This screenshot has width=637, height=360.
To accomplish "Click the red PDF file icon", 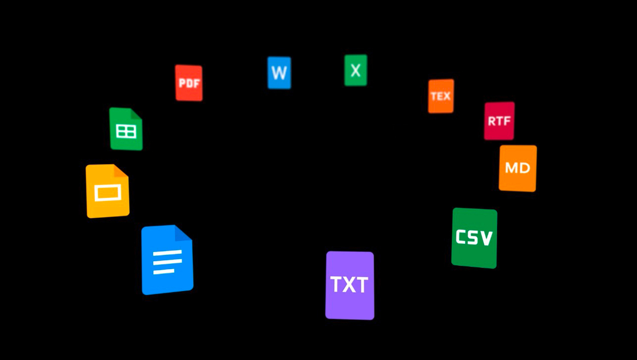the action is pyautogui.click(x=189, y=83).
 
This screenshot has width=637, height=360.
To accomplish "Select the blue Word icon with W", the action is pyautogui.click(x=279, y=73).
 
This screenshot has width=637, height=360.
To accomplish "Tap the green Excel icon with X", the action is pyautogui.click(x=356, y=70).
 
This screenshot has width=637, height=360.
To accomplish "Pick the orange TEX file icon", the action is pyautogui.click(x=441, y=96).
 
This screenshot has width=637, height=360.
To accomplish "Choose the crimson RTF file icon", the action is pyautogui.click(x=500, y=121).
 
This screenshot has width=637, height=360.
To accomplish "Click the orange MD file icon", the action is pyautogui.click(x=518, y=168).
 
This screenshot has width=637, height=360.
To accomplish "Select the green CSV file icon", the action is pyautogui.click(x=475, y=238).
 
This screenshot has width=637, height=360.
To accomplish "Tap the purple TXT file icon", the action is pyautogui.click(x=350, y=285).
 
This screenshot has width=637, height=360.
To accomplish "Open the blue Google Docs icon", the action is pyautogui.click(x=167, y=260).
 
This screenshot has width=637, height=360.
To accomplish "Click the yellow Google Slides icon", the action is pyautogui.click(x=107, y=191).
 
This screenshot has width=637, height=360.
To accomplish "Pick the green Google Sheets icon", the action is pyautogui.click(x=126, y=129).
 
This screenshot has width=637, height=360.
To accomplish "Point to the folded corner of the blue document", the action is pyautogui.click(x=184, y=233).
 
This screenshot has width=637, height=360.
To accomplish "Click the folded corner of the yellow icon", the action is pyautogui.click(x=121, y=170).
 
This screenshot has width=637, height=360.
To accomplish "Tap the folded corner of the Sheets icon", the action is pyautogui.click(x=136, y=114).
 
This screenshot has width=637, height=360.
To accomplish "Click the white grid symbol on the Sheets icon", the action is pyautogui.click(x=126, y=131).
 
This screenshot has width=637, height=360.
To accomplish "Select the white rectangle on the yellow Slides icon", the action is pyautogui.click(x=108, y=193).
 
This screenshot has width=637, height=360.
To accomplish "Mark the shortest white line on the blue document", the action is pyautogui.click(x=164, y=271).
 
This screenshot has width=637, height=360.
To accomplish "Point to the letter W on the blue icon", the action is pyautogui.click(x=279, y=73).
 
